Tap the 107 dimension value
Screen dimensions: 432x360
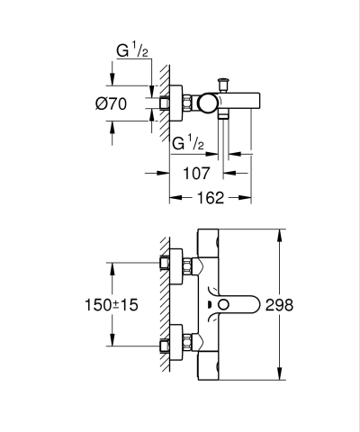click(x=198, y=172)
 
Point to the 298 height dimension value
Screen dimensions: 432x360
click(x=305, y=306)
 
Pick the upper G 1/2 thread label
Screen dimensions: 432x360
click(x=135, y=51)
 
